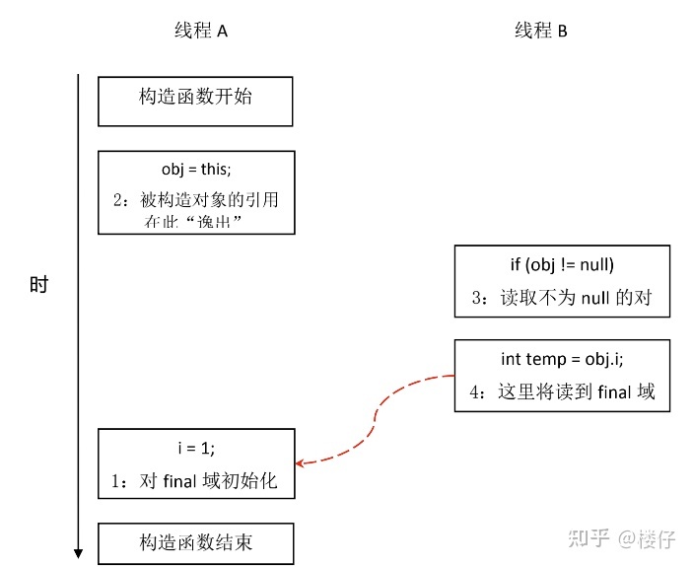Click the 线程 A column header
pos(201,31)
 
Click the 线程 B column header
pos(541,31)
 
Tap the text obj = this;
pos(196,170)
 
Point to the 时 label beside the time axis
pos(38,285)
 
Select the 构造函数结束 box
pos(195,542)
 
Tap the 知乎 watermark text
pos(589,539)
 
